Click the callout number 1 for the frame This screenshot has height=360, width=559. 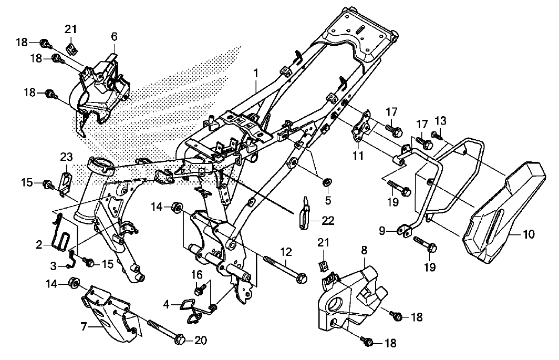click(256, 74)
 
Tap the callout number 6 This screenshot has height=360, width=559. click(114, 37)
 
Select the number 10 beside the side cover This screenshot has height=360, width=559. click(529, 234)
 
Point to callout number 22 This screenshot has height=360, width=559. click(328, 221)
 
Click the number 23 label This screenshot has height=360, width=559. click(66, 157)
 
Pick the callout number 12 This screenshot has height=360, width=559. click(286, 252)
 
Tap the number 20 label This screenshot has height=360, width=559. click(201, 341)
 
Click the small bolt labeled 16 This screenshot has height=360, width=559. click(200, 289)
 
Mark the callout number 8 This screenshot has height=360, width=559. click(364, 251)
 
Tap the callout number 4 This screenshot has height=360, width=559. click(166, 305)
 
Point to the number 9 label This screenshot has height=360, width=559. click(382, 232)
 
